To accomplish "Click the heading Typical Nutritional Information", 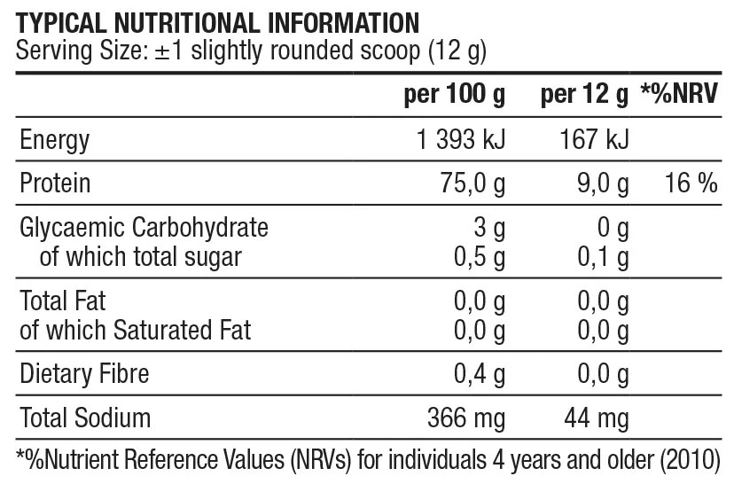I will tap(218, 21).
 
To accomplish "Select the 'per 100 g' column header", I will tap(453, 96).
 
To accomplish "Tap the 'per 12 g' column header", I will tap(584, 96).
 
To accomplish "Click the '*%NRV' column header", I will tap(679, 96).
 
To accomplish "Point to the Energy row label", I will tap(55, 140).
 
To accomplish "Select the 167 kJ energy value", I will tap(594, 140).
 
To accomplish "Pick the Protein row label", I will tap(55, 183).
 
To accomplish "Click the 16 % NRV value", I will tap(690, 183).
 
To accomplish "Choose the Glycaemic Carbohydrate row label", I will tap(144, 228).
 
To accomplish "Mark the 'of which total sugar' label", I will tap(141, 257).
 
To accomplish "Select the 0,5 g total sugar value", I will tap(479, 257).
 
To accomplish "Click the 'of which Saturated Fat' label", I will tap(136, 331).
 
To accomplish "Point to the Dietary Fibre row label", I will tap(84, 374).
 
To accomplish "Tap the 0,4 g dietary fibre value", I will tap(479, 374).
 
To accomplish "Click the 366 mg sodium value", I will tap(466, 418).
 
